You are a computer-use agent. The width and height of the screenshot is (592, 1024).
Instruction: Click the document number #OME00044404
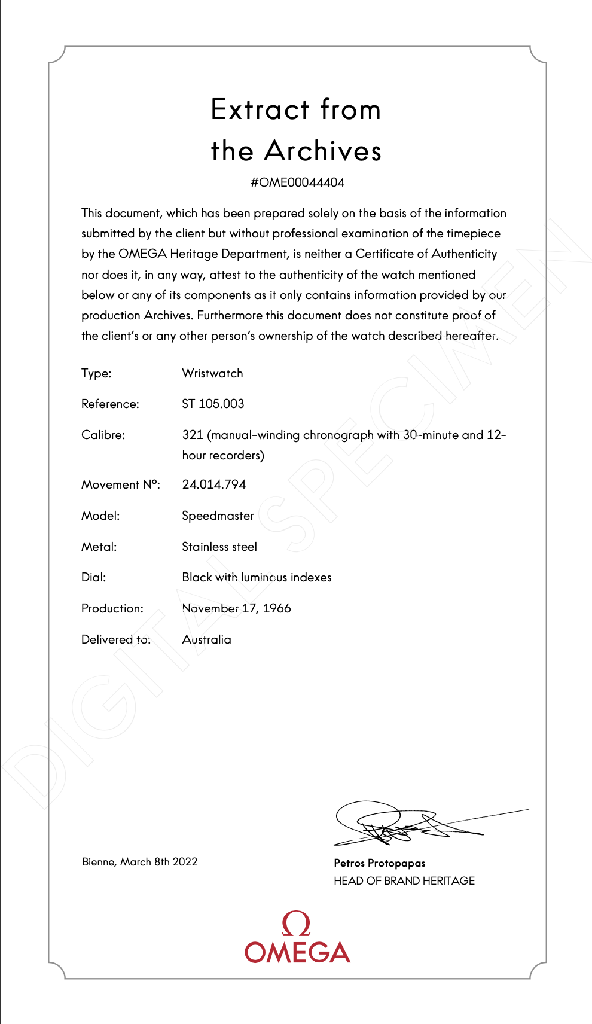click(x=297, y=182)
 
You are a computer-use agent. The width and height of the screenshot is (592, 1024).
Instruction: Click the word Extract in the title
click(x=260, y=110)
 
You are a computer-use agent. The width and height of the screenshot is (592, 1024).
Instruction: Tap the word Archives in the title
click(x=322, y=151)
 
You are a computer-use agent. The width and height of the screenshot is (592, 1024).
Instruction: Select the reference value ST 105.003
click(x=213, y=404)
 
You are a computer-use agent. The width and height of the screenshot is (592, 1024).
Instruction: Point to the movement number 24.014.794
click(x=213, y=484)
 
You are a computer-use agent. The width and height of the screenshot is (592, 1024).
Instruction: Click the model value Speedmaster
click(x=218, y=516)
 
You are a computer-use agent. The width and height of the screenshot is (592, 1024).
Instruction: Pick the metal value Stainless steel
click(x=219, y=547)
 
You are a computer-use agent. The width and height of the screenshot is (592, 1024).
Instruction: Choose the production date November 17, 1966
click(x=236, y=608)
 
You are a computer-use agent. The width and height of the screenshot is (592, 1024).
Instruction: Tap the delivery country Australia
click(x=206, y=639)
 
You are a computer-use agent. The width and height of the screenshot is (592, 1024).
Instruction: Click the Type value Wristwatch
click(x=212, y=373)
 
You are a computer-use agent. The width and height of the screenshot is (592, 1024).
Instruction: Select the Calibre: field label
click(x=103, y=435)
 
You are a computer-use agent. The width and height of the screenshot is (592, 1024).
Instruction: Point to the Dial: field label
click(x=93, y=577)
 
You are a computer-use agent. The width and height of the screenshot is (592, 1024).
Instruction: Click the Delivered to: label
click(x=116, y=639)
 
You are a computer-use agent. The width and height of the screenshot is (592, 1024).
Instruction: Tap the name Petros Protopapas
click(x=380, y=863)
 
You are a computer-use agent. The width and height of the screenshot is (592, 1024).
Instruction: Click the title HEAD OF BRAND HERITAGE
click(x=404, y=881)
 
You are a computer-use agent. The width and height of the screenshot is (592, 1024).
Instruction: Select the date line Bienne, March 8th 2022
click(x=139, y=862)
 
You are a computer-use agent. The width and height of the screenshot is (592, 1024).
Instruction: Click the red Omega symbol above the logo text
click(x=296, y=924)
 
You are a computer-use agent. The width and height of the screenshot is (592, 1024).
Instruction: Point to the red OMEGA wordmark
click(x=297, y=952)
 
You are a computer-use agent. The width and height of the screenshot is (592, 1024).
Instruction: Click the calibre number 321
click(x=193, y=435)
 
